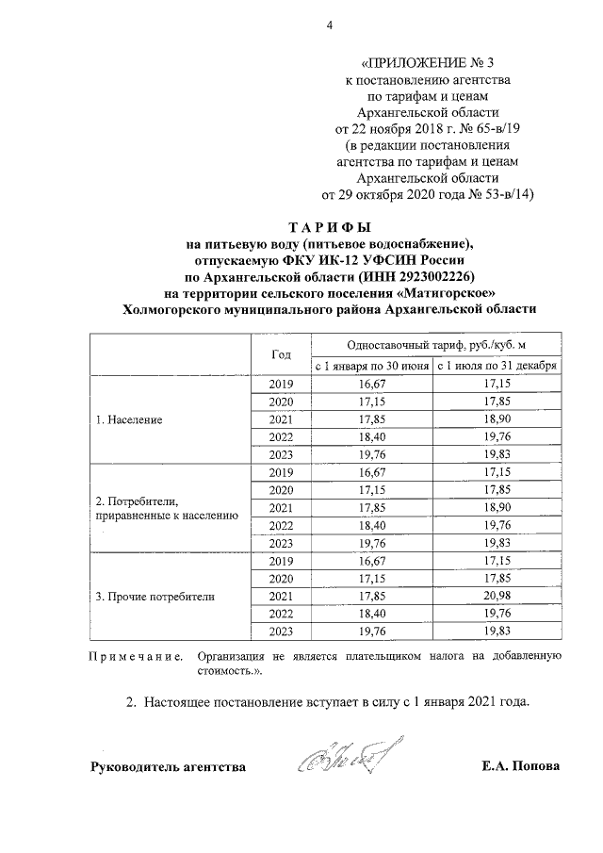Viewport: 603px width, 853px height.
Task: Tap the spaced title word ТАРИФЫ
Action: tap(329, 229)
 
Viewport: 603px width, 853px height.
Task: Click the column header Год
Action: tap(281, 354)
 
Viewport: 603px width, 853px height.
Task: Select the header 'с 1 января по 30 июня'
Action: tap(370, 365)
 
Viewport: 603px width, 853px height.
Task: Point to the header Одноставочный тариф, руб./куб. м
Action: tap(434, 344)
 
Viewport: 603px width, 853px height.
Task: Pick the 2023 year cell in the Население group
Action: tap(281, 455)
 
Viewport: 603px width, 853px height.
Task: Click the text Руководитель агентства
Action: tap(168, 766)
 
